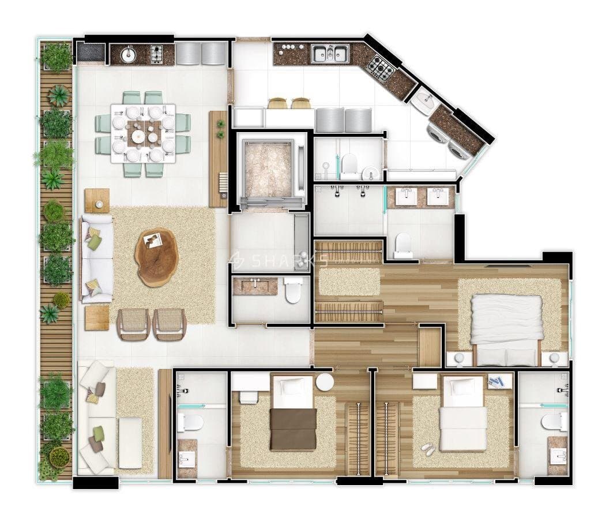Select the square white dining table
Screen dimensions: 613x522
(x=143, y=133)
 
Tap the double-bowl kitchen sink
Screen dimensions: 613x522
(x=330, y=53)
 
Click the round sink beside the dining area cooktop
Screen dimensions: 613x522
(x=128, y=54)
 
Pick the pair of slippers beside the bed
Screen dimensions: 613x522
(x=427, y=449)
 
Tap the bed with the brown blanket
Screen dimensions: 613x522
(x=294, y=414)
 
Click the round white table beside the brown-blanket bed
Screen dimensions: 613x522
(x=325, y=382)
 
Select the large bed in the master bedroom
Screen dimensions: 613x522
(x=506, y=329)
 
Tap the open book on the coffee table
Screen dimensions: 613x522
(x=152, y=240)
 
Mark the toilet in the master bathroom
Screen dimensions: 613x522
(x=403, y=246)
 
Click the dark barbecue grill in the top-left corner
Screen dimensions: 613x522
(x=91, y=53)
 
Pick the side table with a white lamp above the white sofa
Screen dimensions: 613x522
(x=97, y=201)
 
